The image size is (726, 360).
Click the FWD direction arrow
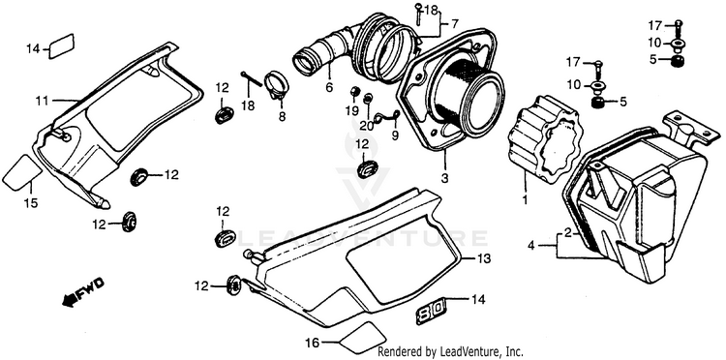coord(83,292)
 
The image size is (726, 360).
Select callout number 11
coord(43,101)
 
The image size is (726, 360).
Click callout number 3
coord(444,178)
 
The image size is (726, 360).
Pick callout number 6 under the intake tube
coord(329,87)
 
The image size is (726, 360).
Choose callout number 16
coord(312,343)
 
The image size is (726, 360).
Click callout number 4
coord(531,245)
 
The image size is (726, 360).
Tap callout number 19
coord(351,110)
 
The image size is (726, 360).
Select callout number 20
coord(367,125)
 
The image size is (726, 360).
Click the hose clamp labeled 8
coord(277,85)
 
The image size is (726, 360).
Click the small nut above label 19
coord(354,91)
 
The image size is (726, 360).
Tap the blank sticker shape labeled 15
coord(22,172)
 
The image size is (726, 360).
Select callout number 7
coord(455,23)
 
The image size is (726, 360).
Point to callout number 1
coord(525,200)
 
